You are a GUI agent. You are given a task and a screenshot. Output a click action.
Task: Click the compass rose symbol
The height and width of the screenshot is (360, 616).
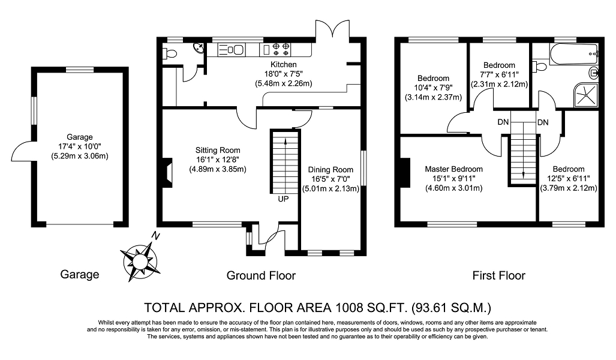point(140,260)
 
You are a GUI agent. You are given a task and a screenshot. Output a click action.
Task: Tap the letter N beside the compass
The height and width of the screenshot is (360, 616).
point(156,236)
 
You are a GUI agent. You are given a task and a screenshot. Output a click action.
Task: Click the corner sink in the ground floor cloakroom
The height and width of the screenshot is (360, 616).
point(199,48)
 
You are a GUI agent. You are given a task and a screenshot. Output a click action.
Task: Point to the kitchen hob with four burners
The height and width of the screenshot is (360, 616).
point(281,49)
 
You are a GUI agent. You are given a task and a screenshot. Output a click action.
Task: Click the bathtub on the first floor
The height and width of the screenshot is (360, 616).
point(575,54)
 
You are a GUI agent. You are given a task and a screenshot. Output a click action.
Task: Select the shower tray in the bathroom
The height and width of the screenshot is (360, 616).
point(587,95)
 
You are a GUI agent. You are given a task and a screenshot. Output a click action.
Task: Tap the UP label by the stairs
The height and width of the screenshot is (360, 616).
point(283,199)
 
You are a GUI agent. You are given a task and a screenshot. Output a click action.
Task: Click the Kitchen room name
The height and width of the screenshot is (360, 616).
point(284,64)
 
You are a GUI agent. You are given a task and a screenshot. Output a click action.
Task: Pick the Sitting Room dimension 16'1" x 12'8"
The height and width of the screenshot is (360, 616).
point(218,160)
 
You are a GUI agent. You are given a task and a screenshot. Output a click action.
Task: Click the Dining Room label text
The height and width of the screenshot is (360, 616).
point(330,170)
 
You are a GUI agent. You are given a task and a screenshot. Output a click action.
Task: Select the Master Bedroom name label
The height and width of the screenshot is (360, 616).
point(453,169)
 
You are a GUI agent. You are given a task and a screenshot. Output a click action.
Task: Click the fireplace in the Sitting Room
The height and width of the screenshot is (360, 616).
point(167,173)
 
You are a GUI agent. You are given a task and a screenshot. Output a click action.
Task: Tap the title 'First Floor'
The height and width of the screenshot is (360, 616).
point(498,275)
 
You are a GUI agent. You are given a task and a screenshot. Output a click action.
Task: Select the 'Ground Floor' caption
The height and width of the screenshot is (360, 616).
point(261,275)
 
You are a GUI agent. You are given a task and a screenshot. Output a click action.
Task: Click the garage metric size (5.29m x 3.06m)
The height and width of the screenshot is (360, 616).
point(80,156)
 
